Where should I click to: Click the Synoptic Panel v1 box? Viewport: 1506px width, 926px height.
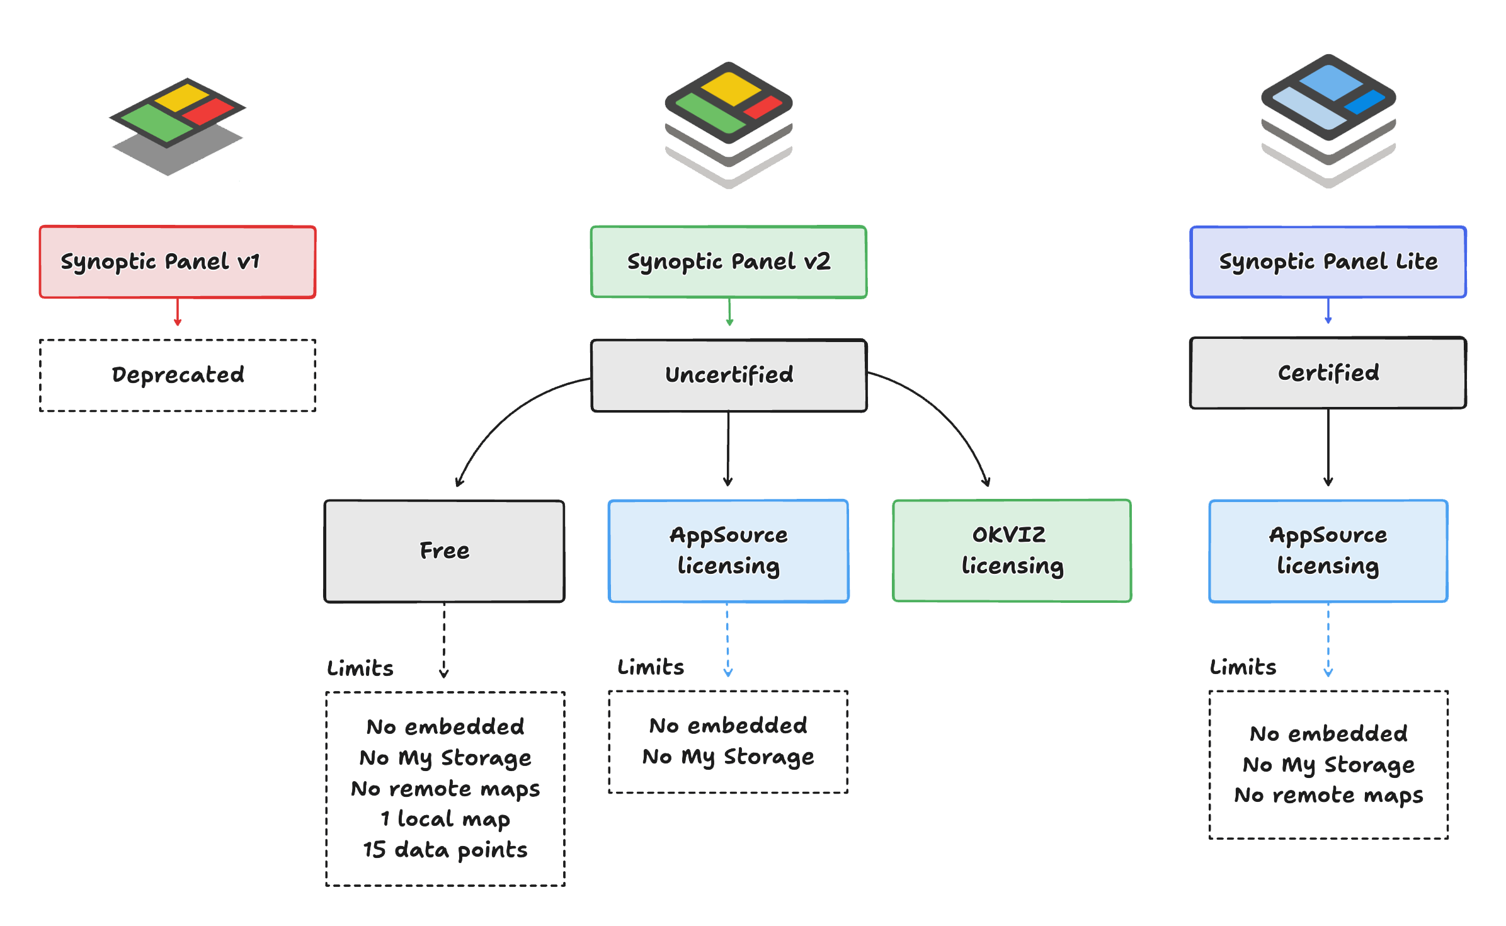pyautogui.click(x=177, y=261)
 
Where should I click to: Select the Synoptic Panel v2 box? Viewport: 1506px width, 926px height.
pyautogui.click(x=728, y=261)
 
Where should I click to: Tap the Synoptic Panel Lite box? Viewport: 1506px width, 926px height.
pyautogui.click(x=1328, y=261)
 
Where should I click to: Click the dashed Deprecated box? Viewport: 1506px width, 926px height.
pyautogui.click(x=177, y=375)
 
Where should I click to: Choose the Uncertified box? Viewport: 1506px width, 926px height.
pyautogui.click(x=728, y=375)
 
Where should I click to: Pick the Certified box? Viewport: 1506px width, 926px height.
pyautogui.click(x=1328, y=373)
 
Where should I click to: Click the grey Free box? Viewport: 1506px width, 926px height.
pyautogui.click(x=444, y=551)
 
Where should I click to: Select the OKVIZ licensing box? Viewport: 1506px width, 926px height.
pyautogui.click(x=1012, y=551)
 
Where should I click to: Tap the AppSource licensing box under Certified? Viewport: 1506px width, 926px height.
pyautogui.click(x=1328, y=551)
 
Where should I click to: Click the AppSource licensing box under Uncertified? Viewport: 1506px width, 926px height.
pyautogui.click(x=728, y=551)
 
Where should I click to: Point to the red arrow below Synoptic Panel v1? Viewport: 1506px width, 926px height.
pyautogui.click(x=178, y=312)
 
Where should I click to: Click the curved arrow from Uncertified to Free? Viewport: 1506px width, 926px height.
pyautogui.click(x=504, y=416)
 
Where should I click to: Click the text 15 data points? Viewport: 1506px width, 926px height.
pyautogui.click(x=445, y=850)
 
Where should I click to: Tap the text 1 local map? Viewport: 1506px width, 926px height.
pyautogui.click(x=445, y=819)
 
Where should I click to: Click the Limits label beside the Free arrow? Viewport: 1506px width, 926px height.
pyautogui.click(x=360, y=668)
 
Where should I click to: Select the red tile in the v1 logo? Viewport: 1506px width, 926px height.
pyautogui.click(x=208, y=111)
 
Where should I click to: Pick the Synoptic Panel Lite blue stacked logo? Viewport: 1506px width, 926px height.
pyautogui.click(x=1328, y=120)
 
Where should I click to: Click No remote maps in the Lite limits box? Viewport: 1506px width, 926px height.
pyautogui.click(x=1328, y=795)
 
